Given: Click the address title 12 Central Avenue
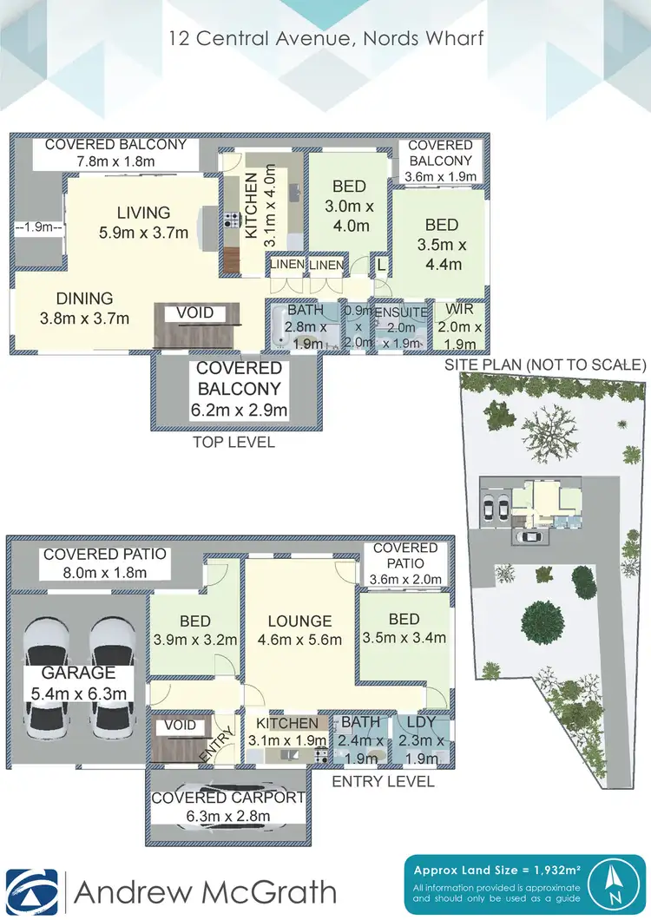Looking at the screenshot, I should [x=325, y=38].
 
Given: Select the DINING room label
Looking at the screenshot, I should [x=84, y=307].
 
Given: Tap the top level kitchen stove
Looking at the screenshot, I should [x=232, y=220].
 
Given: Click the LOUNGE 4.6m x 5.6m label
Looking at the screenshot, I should [x=299, y=630].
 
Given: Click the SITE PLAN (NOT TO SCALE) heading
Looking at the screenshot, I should [x=545, y=365].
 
